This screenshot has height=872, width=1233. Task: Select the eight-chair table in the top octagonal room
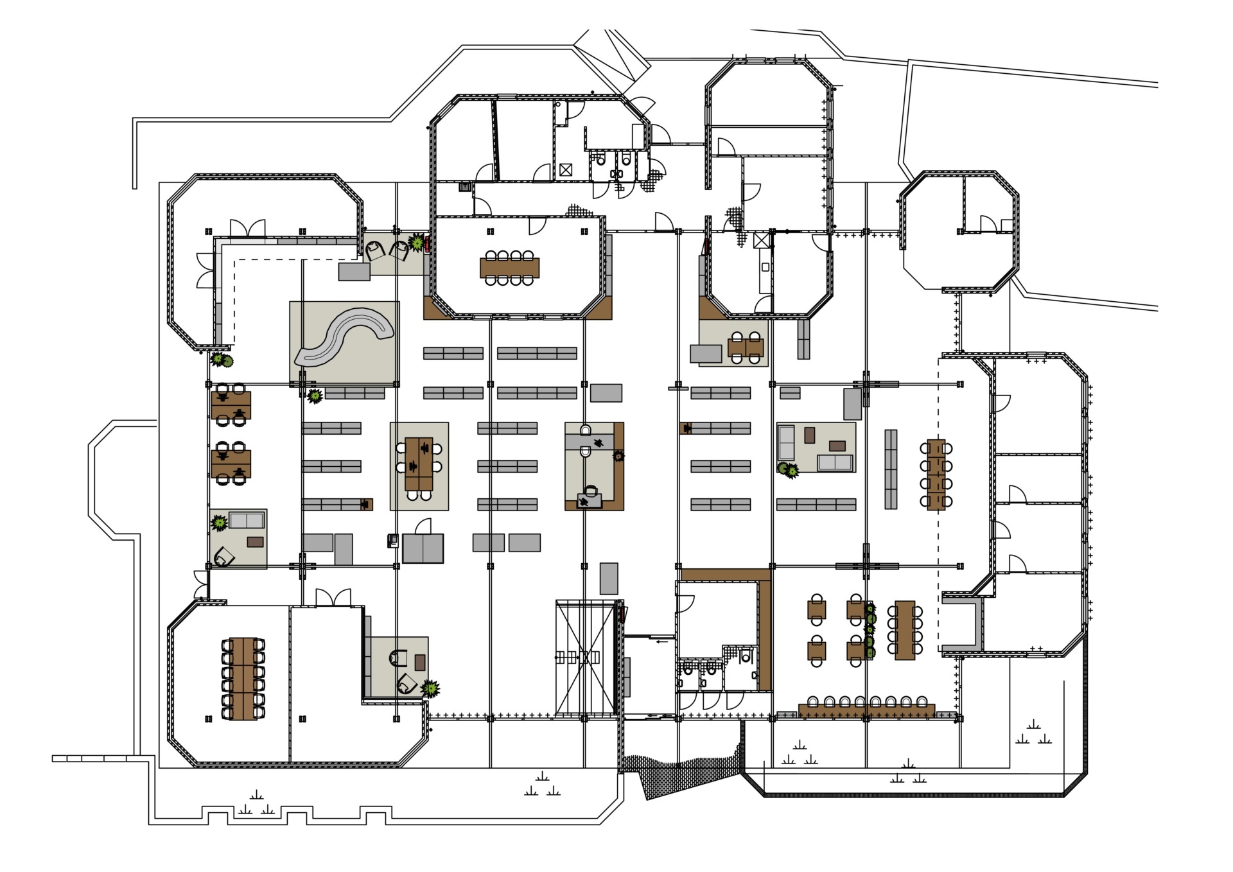(509, 267)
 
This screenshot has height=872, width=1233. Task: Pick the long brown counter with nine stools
(867, 710)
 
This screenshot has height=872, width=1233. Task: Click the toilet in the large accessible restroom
(745, 656)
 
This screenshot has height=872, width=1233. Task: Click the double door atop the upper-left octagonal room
(247, 228)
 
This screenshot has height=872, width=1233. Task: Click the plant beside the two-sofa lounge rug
(789, 470)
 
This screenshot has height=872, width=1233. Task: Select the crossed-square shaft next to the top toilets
(565, 170)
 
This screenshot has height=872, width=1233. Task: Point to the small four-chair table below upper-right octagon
(745, 347)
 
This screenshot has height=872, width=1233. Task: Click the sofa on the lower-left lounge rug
(247, 519)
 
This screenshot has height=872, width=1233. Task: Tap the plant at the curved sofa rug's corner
(314, 396)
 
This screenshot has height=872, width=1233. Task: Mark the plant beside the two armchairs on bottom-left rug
(431, 689)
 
